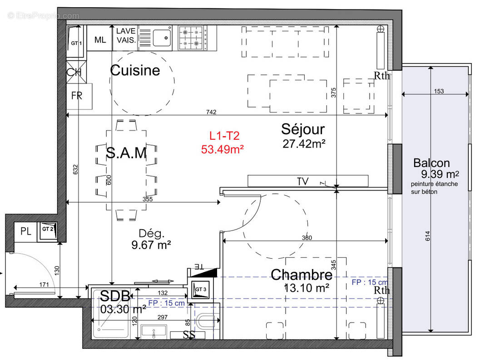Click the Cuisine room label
pyautogui.click(x=135, y=70)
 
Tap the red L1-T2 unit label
pyautogui.click(x=224, y=135)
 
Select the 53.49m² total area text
pyautogui.click(x=223, y=148)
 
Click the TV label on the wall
pyautogui.click(x=302, y=181)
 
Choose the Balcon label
pyautogui.click(x=431, y=163)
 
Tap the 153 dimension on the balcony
pyautogui.click(x=439, y=91)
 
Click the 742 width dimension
pyautogui.click(x=211, y=112)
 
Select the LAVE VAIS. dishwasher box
pyautogui.click(x=126, y=35)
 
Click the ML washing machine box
pyautogui.click(x=100, y=39)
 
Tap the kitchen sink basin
pyautogui.click(x=162, y=37)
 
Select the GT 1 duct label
pyautogui.click(x=76, y=43)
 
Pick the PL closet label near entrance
pyautogui.click(x=25, y=231)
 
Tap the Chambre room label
pyautogui.click(x=302, y=275)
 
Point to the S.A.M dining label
pyautogui.click(x=126, y=153)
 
